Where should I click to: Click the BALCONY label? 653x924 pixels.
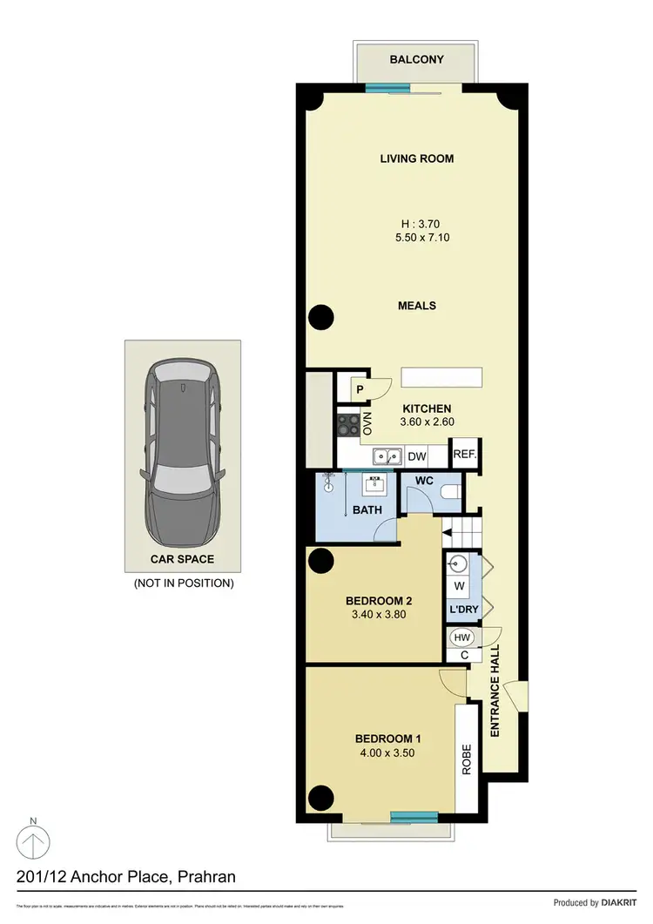pos(416,60)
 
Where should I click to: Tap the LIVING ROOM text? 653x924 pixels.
pos(416,158)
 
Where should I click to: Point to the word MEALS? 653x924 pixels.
pos(416,306)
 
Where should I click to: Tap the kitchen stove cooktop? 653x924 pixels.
pos(348,424)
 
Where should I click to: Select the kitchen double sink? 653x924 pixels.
pos(387,455)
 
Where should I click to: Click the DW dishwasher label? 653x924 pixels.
pos(416,455)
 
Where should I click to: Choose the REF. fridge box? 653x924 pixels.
pos(464,455)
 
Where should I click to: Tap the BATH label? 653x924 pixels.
pos(367,509)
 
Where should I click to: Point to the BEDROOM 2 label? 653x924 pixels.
pos(378,601)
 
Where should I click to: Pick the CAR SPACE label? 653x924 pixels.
pos(183,559)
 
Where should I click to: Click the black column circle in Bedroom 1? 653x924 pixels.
pos(321,797)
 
